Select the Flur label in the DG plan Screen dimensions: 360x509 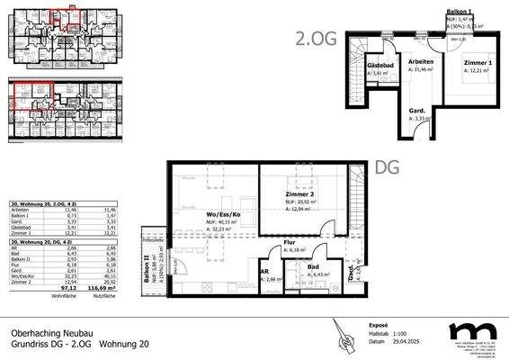290,242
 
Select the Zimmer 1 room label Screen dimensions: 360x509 478,62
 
